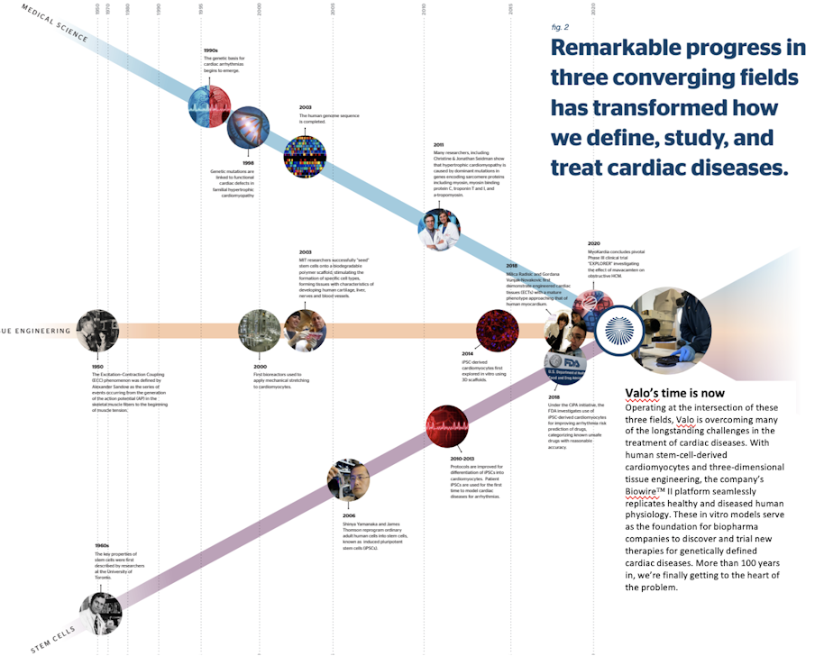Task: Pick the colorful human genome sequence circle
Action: pos(304,157)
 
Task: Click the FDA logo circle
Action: pos(565,369)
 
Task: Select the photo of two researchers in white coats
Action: pos(439,229)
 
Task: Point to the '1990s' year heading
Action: pos(211,51)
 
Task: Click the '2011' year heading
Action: pos(439,144)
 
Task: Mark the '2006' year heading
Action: pos(336,515)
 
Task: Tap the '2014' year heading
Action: pos(467,354)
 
